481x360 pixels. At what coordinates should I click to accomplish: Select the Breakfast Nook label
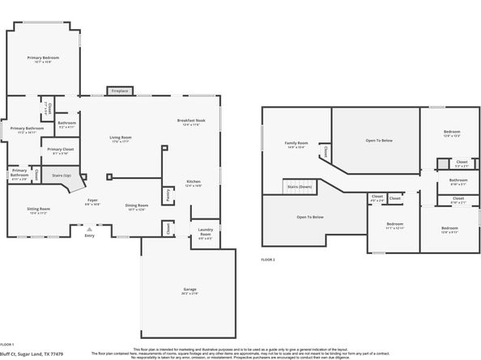(x=191, y=121)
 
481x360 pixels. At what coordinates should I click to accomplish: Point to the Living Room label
(x=121, y=138)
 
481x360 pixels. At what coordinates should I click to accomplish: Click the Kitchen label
(x=194, y=182)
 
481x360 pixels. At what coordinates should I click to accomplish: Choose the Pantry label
(x=167, y=194)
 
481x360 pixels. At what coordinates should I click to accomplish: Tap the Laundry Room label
(x=205, y=235)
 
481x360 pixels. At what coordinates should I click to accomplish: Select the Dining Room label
(x=137, y=206)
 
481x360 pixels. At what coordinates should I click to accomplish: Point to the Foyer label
(x=93, y=201)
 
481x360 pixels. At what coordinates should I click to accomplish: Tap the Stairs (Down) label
(x=300, y=187)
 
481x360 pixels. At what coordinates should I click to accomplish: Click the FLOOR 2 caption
(x=268, y=259)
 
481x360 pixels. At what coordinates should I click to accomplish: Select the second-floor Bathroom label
(x=458, y=181)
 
